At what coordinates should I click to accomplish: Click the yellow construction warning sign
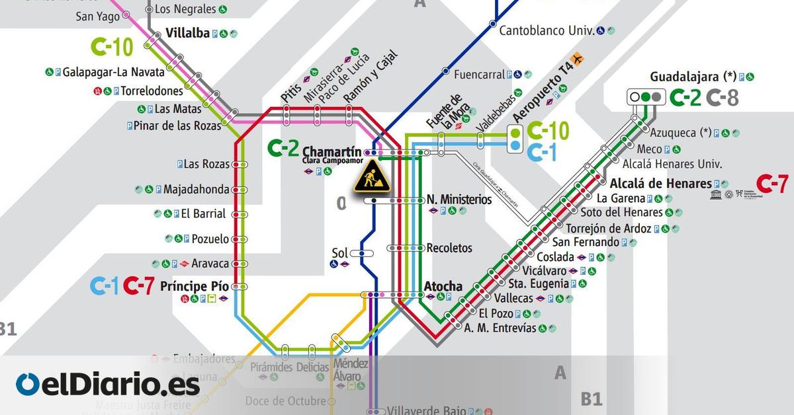[371, 176]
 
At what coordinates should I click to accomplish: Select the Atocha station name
[443, 286]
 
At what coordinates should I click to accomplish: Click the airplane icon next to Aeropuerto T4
[580, 59]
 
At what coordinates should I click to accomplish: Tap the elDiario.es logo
[107, 384]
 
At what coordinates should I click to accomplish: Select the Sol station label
[339, 252]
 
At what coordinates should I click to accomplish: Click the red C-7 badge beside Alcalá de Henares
[772, 182]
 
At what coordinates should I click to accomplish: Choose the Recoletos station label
[449, 248]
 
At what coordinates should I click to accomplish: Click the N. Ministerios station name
[459, 200]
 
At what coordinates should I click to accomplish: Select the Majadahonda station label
[196, 189]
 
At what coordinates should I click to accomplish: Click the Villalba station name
[187, 32]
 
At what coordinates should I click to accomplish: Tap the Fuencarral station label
[479, 74]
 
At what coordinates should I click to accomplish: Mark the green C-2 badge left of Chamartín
[283, 149]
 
